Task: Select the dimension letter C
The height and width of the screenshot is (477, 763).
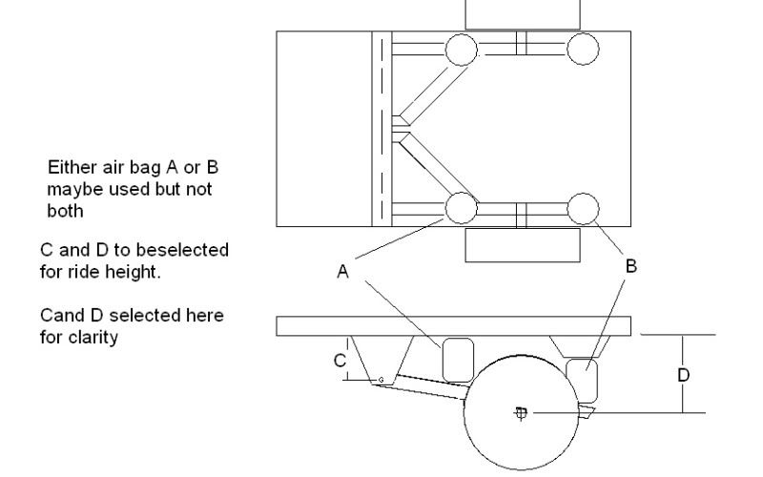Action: pyautogui.click(x=338, y=361)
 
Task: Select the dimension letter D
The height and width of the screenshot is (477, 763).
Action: pyautogui.click(x=683, y=375)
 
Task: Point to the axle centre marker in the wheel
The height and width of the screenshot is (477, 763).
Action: pyautogui.click(x=521, y=413)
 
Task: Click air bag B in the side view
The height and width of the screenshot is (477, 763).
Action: pyautogui.click(x=581, y=379)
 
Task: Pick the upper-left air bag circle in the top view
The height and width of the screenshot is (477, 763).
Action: pyautogui.click(x=460, y=48)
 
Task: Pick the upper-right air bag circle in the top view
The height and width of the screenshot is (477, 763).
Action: pyautogui.click(x=583, y=48)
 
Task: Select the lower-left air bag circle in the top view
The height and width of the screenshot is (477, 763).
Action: pyautogui.click(x=460, y=206)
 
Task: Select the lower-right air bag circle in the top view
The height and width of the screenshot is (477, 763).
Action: pyautogui.click(x=583, y=206)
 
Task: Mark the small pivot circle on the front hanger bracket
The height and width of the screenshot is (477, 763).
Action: pyautogui.click(x=381, y=380)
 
